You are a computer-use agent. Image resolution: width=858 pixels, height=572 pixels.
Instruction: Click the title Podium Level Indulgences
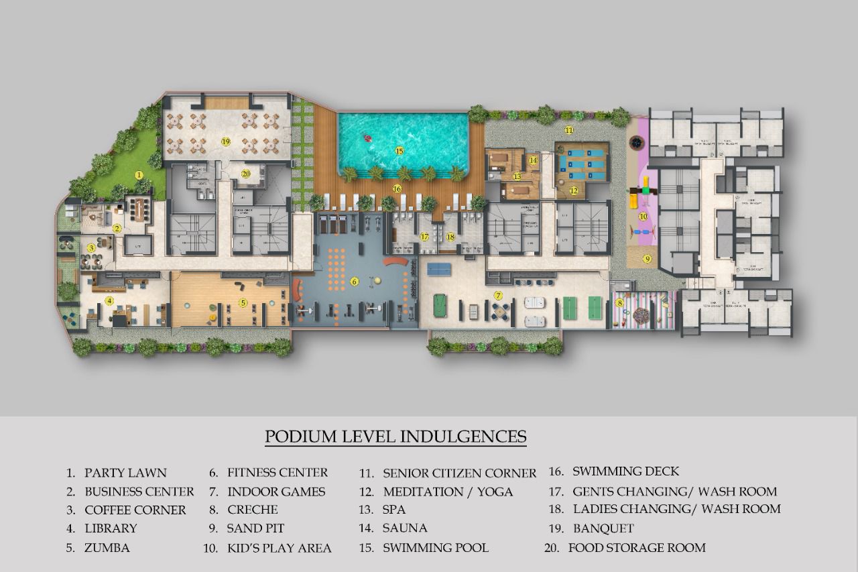(x=395, y=437)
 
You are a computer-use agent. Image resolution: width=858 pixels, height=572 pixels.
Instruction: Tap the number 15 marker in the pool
(x=400, y=151)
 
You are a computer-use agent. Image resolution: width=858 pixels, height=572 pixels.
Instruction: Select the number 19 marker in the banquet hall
(x=226, y=141)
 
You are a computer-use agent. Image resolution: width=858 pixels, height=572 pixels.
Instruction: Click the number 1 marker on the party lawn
(x=139, y=174)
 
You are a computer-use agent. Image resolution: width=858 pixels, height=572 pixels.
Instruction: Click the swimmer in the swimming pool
(x=367, y=139)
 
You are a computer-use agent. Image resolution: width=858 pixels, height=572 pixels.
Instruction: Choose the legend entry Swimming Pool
(x=435, y=548)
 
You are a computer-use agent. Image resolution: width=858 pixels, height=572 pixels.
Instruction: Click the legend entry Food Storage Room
(x=636, y=548)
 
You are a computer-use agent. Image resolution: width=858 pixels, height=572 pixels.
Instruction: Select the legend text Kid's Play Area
(x=279, y=548)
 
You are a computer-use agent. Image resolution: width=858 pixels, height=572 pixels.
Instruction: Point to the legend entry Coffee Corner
(x=135, y=510)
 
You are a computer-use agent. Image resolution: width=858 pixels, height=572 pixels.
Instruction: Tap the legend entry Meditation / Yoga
(x=447, y=492)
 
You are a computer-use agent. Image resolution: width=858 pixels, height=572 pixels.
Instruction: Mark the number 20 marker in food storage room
(x=246, y=173)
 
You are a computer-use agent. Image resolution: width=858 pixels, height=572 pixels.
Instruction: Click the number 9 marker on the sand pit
(x=648, y=258)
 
